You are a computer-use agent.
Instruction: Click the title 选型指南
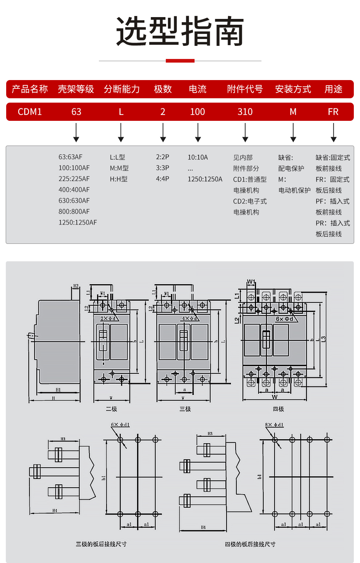180,31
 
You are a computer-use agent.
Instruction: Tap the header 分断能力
122,89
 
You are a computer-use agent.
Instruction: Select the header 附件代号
245,89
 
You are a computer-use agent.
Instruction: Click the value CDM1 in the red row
30,112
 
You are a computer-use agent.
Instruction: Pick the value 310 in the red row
245,112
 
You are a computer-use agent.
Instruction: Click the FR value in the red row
333,112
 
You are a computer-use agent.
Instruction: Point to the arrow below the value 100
198,132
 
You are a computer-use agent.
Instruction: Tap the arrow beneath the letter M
293,132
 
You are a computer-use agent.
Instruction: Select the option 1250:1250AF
78,222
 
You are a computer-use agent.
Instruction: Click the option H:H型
119,179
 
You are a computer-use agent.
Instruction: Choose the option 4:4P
163,179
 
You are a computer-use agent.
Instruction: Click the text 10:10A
198,157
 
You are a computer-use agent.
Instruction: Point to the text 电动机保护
295,190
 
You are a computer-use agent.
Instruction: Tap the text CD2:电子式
250,201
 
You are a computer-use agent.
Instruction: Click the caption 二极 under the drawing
112,409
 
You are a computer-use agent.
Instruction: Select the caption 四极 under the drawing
279,409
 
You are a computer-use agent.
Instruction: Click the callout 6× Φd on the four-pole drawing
284,319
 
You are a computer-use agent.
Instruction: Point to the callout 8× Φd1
274,425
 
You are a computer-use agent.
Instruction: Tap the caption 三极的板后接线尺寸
101,544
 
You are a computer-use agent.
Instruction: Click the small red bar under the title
180,61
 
